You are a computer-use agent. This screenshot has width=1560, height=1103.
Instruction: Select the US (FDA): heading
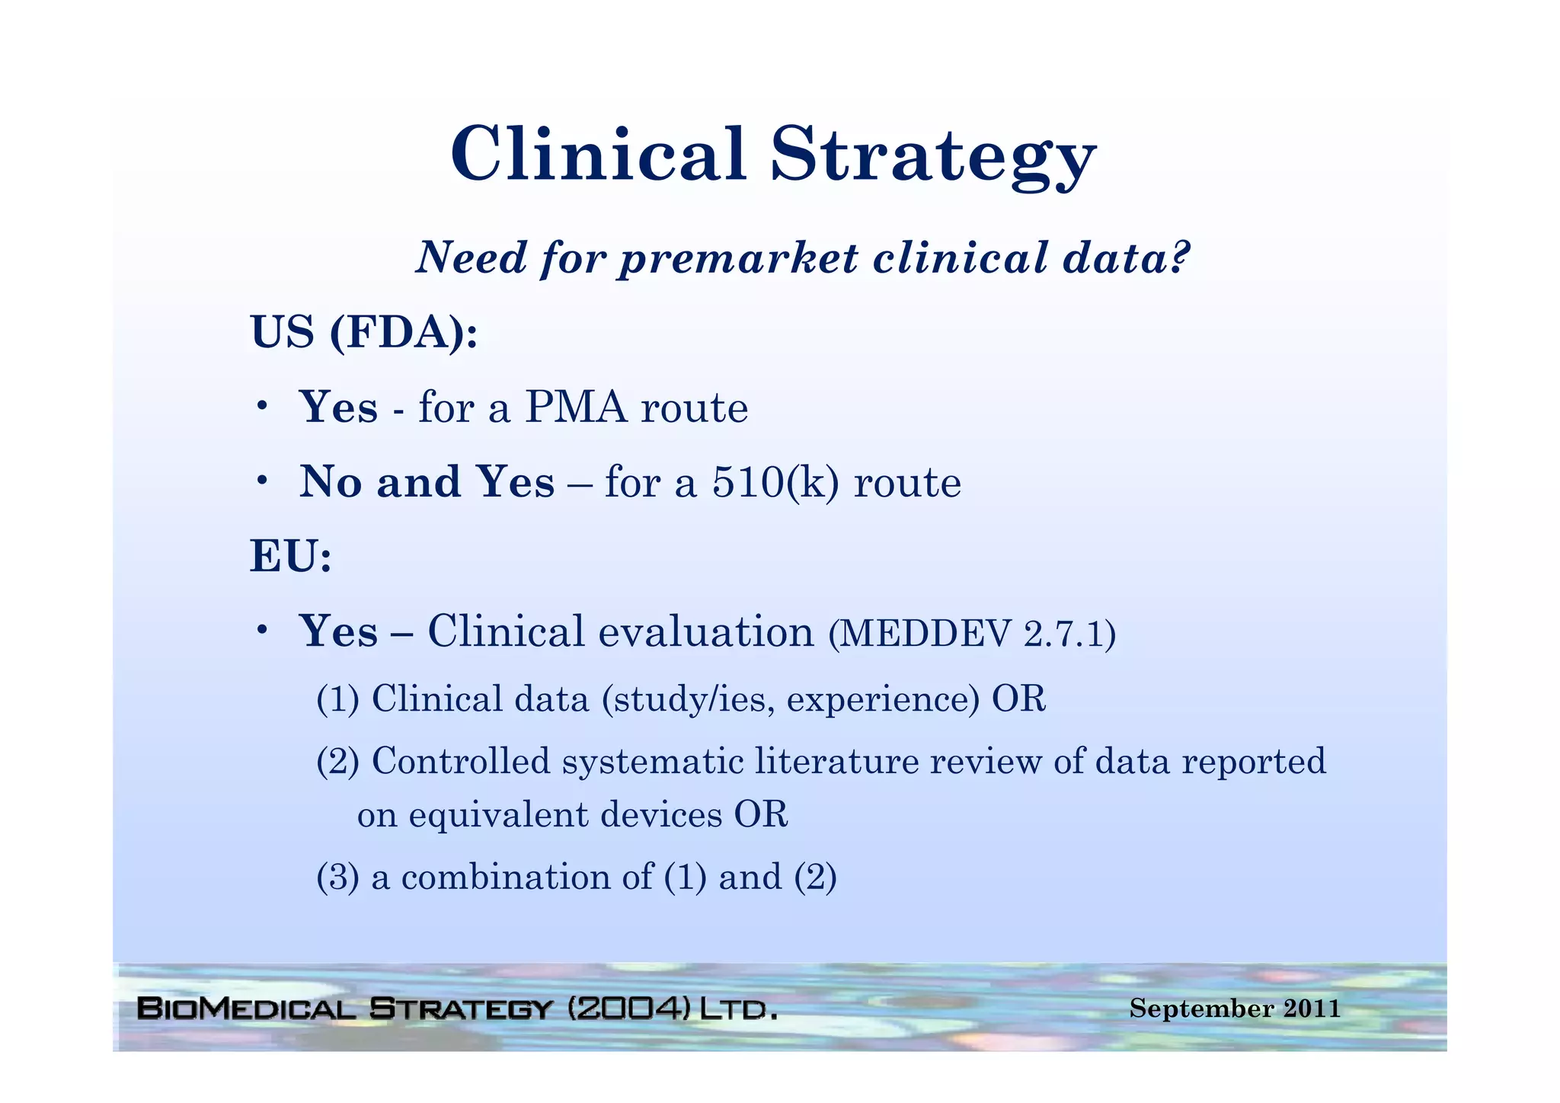(x=364, y=333)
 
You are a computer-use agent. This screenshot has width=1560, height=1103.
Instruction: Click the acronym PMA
(x=576, y=408)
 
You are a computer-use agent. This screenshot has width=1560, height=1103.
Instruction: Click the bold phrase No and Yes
(x=427, y=483)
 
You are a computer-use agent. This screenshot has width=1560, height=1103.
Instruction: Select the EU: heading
(x=291, y=557)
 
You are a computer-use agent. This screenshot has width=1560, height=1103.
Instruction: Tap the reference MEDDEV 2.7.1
(x=971, y=634)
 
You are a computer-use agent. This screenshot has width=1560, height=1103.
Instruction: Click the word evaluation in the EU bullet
(x=705, y=632)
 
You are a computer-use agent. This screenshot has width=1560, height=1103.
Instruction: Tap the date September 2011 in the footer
(x=1234, y=1009)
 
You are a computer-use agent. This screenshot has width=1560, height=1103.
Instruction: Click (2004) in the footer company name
(x=628, y=1009)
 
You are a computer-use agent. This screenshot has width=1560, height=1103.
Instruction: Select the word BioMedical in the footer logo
(x=246, y=1009)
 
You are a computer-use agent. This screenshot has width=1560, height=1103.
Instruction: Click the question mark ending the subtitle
(x=1178, y=257)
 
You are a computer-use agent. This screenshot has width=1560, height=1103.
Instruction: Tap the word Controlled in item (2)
(x=460, y=761)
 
